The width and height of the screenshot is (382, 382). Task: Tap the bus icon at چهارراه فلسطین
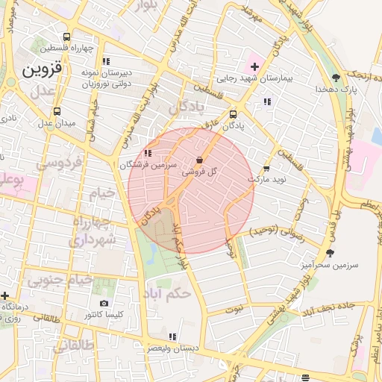tap(67, 37)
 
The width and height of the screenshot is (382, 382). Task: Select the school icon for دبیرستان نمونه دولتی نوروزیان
tap(107, 61)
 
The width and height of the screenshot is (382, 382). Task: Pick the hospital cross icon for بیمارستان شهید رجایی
tap(254, 66)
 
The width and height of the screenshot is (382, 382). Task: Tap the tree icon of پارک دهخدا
tap(336, 77)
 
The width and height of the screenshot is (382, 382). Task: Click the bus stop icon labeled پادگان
tap(234, 114)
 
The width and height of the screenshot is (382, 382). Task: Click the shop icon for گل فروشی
tap(199, 160)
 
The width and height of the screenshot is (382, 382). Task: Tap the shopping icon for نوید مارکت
tap(266, 169)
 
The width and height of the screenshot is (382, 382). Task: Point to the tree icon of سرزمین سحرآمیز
tap(329, 253)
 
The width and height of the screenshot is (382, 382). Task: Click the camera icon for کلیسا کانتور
tap(104, 303)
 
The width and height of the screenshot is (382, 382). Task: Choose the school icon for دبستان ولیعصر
tap(173, 336)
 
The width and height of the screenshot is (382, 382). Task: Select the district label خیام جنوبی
tap(60, 281)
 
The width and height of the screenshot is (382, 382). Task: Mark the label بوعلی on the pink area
tap(13, 181)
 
